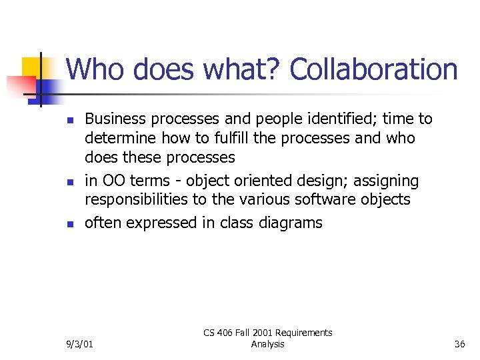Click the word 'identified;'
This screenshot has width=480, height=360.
click(x=335, y=119)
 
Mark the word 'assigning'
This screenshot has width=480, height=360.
click(x=387, y=181)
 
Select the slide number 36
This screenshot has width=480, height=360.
click(x=459, y=344)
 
